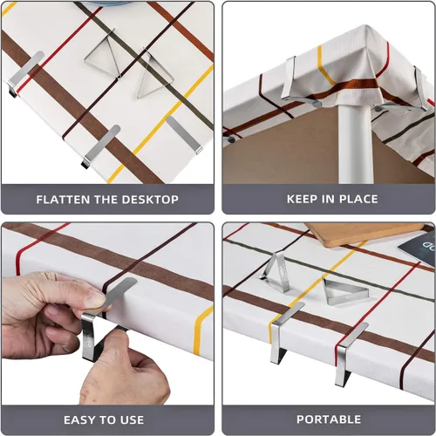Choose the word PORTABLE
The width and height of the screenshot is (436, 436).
[x=329, y=419]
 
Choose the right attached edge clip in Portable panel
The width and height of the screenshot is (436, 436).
[x=350, y=352]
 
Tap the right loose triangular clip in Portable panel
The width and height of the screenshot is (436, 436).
[x=337, y=291]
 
